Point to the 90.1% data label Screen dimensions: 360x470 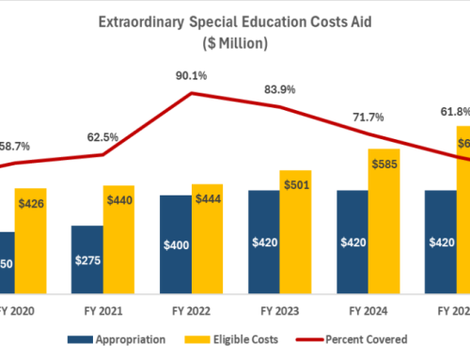pos(192,75)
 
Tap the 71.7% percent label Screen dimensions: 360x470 pos(369,116)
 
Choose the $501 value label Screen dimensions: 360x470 pos(295,184)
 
